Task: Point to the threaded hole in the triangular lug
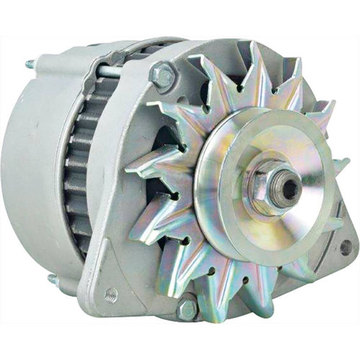111,294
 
